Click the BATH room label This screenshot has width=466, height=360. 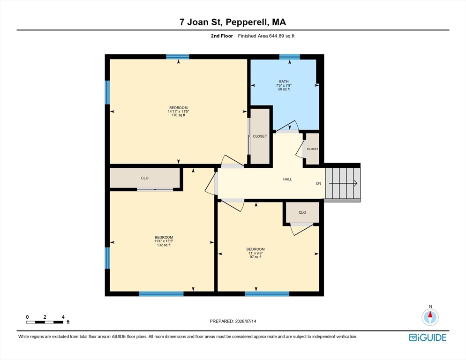pos(284,82)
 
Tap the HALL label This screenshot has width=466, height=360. pos(287,179)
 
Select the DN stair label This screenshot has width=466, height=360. pos(319,183)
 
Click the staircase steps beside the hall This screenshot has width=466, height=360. pos(343,183)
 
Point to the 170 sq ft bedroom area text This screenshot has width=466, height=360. pos(178,115)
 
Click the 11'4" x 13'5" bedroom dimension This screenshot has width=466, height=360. pos(164,241)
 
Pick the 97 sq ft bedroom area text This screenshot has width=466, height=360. pos(256,257)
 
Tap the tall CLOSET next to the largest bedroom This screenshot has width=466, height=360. pos(260,136)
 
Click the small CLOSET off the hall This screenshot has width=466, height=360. pos(312,149)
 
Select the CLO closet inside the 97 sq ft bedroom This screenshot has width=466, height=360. pos(302,212)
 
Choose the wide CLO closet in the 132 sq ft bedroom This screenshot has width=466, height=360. pos(145,178)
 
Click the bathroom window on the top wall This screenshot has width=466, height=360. pos(289,57)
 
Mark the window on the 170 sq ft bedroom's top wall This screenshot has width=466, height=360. pos(177,57)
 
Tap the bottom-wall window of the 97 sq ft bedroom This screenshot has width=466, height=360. pos(267,294)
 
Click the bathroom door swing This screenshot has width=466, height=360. pos(287,126)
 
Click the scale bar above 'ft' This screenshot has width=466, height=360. pos(45,322)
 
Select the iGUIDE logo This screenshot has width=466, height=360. pos(428,337)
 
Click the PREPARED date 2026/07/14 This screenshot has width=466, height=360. pos(246,321)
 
